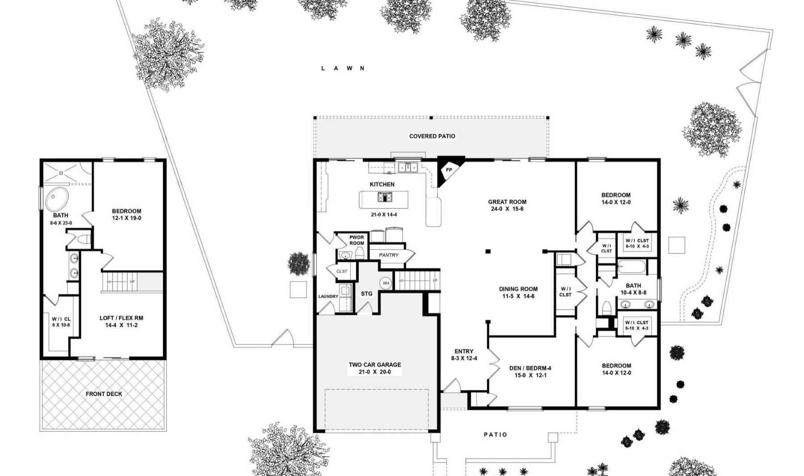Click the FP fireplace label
click(x=449, y=170)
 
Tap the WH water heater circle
click(x=385, y=283)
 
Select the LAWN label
click(x=343, y=68)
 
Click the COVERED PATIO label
click(x=432, y=136)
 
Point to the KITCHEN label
click(x=382, y=184)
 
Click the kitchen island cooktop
click(x=384, y=197)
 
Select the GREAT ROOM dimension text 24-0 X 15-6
click(x=507, y=209)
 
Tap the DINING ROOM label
click(x=518, y=289)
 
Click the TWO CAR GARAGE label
click(x=375, y=365)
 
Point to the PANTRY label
click(x=389, y=255)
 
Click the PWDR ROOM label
click(x=357, y=240)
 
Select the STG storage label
click(x=367, y=294)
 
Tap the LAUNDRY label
click(x=328, y=296)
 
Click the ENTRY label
click(x=464, y=351)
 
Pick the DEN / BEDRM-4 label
click(x=530, y=368)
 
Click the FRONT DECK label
click(x=104, y=394)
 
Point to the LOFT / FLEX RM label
click(x=121, y=318)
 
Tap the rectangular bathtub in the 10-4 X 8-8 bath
click(x=632, y=267)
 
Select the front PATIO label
click(x=495, y=434)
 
